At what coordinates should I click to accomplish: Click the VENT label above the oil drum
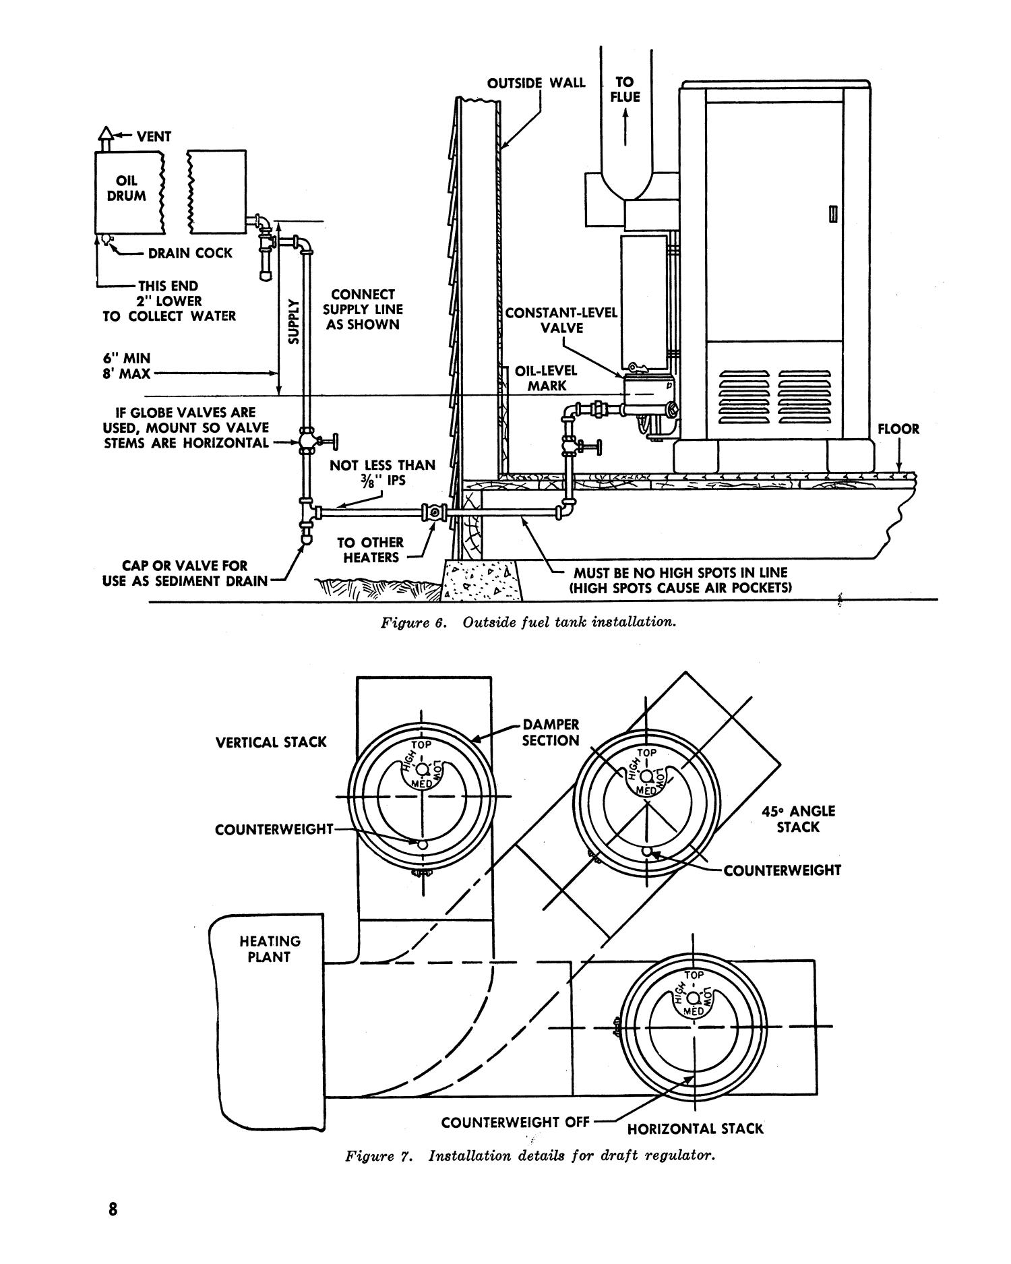point(154,136)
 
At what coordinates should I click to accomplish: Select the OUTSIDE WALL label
point(536,83)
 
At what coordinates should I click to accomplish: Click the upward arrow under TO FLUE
point(625,128)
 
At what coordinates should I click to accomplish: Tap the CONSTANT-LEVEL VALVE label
point(561,320)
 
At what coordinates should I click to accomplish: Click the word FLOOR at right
point(898,429)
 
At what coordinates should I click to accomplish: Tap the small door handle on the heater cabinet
point(834,214)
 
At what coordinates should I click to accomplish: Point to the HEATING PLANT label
point(269,949)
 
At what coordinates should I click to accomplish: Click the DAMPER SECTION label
point(551,732)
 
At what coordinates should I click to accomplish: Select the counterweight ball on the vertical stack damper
point(422,844)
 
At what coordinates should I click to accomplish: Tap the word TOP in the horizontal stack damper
point(694,975)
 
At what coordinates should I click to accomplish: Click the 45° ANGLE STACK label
point(797,818)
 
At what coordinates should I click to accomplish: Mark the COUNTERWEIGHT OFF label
point(515,1122)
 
